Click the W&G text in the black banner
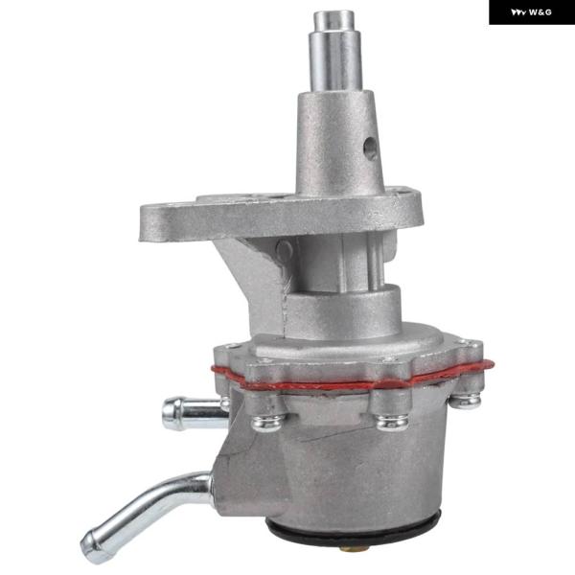point(540,12)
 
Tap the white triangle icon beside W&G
point(518,12)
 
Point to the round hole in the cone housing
point(370,149)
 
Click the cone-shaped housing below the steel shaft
point(339,143)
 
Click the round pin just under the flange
point(285,250)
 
